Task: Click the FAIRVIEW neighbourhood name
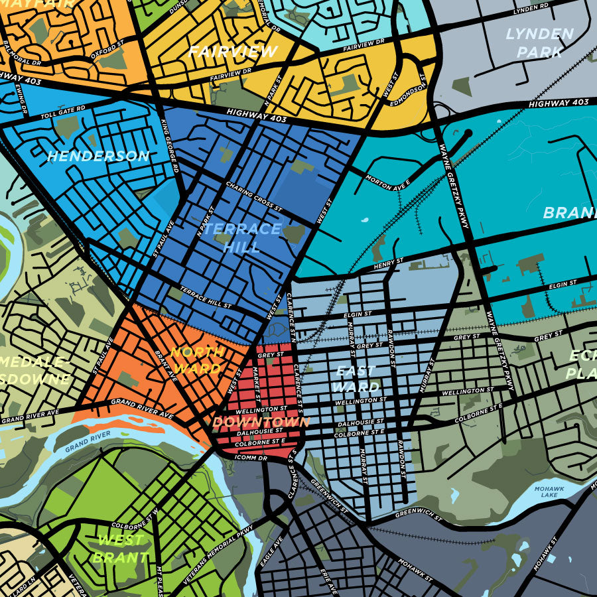pos(232,52)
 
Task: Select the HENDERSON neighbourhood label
pos(98,157)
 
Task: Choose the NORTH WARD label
pos(196,360)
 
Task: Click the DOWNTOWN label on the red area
pos(261,422)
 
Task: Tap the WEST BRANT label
pos(121,549)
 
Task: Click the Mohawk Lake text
pos(550,492)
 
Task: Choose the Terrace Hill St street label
pos(205,298)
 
